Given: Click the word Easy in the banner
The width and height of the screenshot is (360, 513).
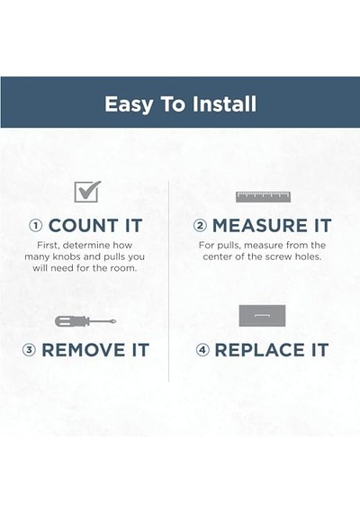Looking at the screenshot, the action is click(x=129, y=104).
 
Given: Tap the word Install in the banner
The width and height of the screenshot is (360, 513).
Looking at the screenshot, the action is click(x=224, y=103).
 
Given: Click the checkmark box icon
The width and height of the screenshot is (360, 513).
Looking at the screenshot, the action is click(x=87, y=192).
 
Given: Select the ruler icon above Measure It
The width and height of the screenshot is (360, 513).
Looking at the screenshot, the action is click(x=264, y=197).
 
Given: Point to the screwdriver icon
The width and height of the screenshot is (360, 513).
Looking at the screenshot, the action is click(x=85, y=321).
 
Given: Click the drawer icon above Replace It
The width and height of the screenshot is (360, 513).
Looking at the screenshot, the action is click(x=262, y=316).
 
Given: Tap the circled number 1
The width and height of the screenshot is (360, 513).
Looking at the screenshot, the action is click(x=36, y=226).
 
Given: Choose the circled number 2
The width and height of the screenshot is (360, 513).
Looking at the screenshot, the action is click(x=200, y=226).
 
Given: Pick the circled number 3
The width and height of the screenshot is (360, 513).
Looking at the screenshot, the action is click(x=29, y=350).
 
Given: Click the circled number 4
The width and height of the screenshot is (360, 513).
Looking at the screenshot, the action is click(x=202, y=350).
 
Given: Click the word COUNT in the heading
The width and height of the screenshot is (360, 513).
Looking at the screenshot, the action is click(x=84, y=226).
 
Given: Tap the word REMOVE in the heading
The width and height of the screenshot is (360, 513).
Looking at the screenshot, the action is click(x=84, y=350).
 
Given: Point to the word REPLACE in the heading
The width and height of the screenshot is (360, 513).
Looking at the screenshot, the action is click(x=260, y=350).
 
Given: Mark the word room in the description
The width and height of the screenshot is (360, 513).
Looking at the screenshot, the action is click(x=125, y=268).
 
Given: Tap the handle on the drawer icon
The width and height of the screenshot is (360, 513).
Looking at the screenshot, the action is click(x=262, y=315).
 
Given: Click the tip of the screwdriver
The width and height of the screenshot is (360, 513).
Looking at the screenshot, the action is click(x=116, y=321).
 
